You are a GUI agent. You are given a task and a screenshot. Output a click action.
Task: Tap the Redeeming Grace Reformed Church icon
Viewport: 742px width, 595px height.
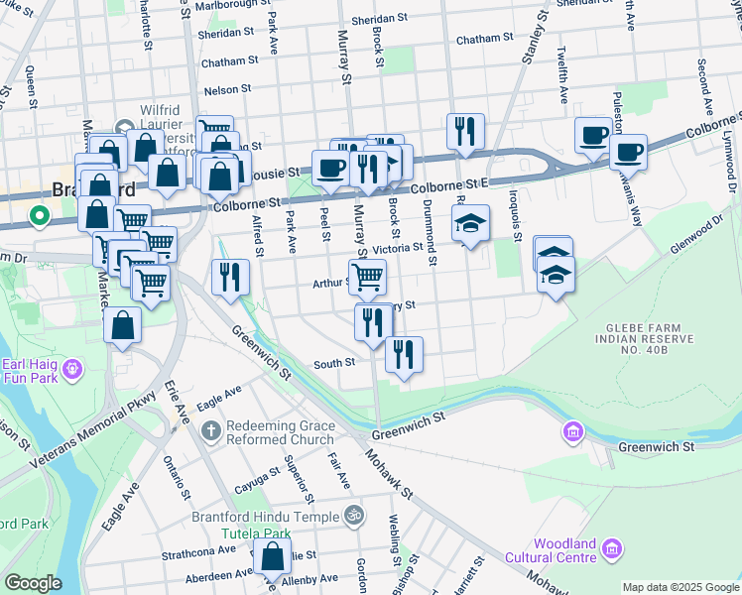tap(210, 431)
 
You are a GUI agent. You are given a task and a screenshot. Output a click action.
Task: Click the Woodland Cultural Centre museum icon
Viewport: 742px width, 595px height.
tap(612, 548)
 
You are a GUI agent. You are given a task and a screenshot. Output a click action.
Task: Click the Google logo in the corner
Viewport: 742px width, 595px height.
tap(32, 583)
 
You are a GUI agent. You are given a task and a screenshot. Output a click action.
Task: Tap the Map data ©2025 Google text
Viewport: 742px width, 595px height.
tap(680, 587)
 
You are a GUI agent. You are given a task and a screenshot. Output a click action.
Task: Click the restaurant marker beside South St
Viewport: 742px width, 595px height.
tap(404, 355)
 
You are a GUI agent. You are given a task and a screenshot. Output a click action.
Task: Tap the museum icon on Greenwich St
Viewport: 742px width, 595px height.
tap(571, 431)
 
